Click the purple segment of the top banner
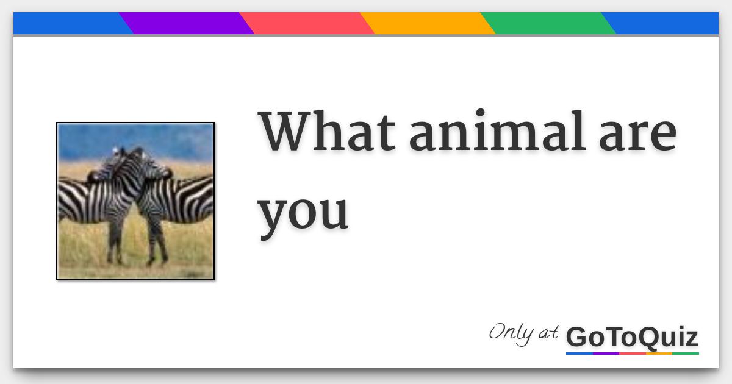pos(186,23)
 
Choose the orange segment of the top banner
pos(427,23)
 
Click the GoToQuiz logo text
pos(632,337)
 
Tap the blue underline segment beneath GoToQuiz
pos(579,353)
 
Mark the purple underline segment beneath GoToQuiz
pos(606,353)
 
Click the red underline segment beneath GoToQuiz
pos(633,353)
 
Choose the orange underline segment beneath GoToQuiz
pos(659,353)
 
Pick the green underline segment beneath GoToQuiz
pos(686,353)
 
